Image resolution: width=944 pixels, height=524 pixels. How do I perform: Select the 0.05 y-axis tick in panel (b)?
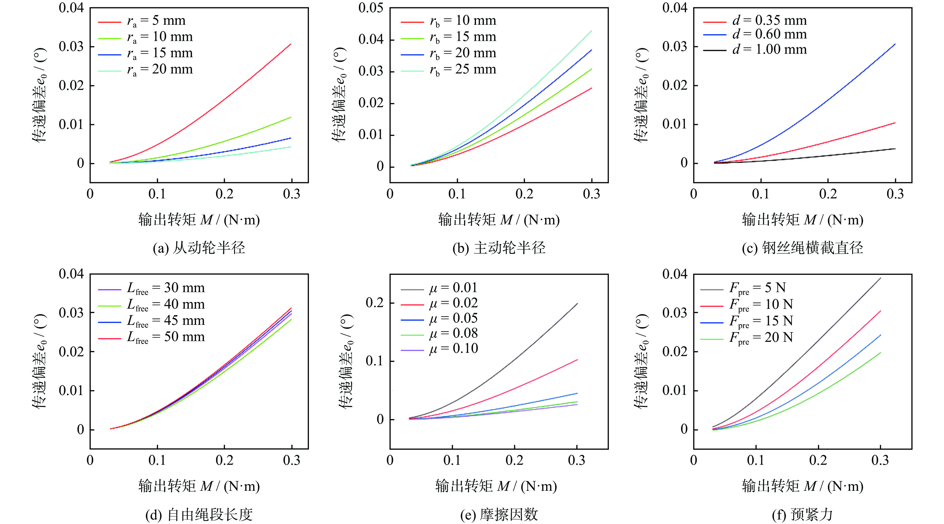371,8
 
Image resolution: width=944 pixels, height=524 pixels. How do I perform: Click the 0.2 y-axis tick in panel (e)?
375,303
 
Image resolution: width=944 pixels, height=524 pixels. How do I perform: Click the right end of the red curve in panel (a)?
291,44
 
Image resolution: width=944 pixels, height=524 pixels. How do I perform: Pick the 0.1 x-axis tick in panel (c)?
760,194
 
